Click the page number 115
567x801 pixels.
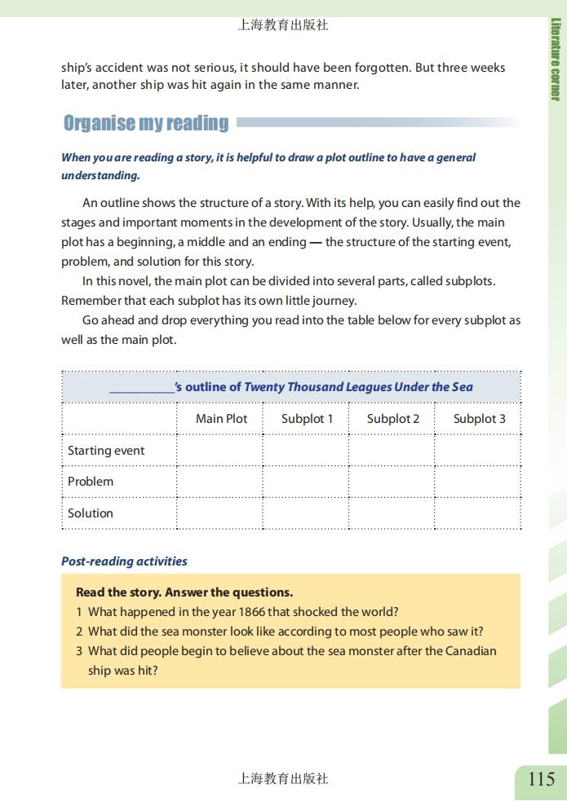541,779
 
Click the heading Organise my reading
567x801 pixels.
146,123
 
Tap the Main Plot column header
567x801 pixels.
221,419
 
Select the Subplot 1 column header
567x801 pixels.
307,419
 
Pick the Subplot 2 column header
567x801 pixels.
392,419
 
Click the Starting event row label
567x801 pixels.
106,451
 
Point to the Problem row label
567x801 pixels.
91,482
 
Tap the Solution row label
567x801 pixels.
91,513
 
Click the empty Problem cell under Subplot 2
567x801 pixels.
392,482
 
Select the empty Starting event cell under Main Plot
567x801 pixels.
220,451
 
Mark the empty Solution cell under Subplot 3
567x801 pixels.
478,513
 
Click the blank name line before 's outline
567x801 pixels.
142,388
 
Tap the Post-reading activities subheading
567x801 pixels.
124,561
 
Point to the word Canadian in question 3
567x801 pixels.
468,651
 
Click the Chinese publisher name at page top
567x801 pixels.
282,25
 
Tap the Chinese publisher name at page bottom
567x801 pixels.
282,779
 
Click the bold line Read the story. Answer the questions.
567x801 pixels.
184,592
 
